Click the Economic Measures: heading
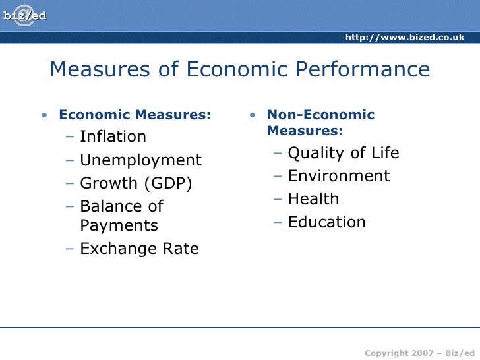click(x=135, y=115)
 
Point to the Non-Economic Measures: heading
click(x=320, y=123)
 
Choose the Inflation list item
click(x=113, y=136)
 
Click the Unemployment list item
click(x=140, y=160)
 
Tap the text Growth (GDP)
click(x=136, y=183)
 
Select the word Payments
click(x=119, y=225)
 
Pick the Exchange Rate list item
click(x=139, y=249)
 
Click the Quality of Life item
click(x=344, y=153)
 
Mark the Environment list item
click(x=339, y=176)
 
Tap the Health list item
click(x=313, y=199)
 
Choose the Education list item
click(x=326, y=222)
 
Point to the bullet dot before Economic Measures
click(x=44, y=116)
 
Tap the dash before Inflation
click(x=71, y=137)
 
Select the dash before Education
click(x=279, y=223)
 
